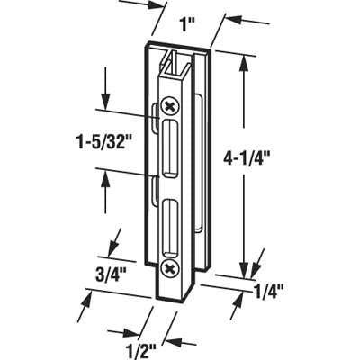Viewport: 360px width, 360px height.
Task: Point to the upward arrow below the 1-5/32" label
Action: (x=107, y=188)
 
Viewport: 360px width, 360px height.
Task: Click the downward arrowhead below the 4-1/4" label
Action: (x=244, y=269)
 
